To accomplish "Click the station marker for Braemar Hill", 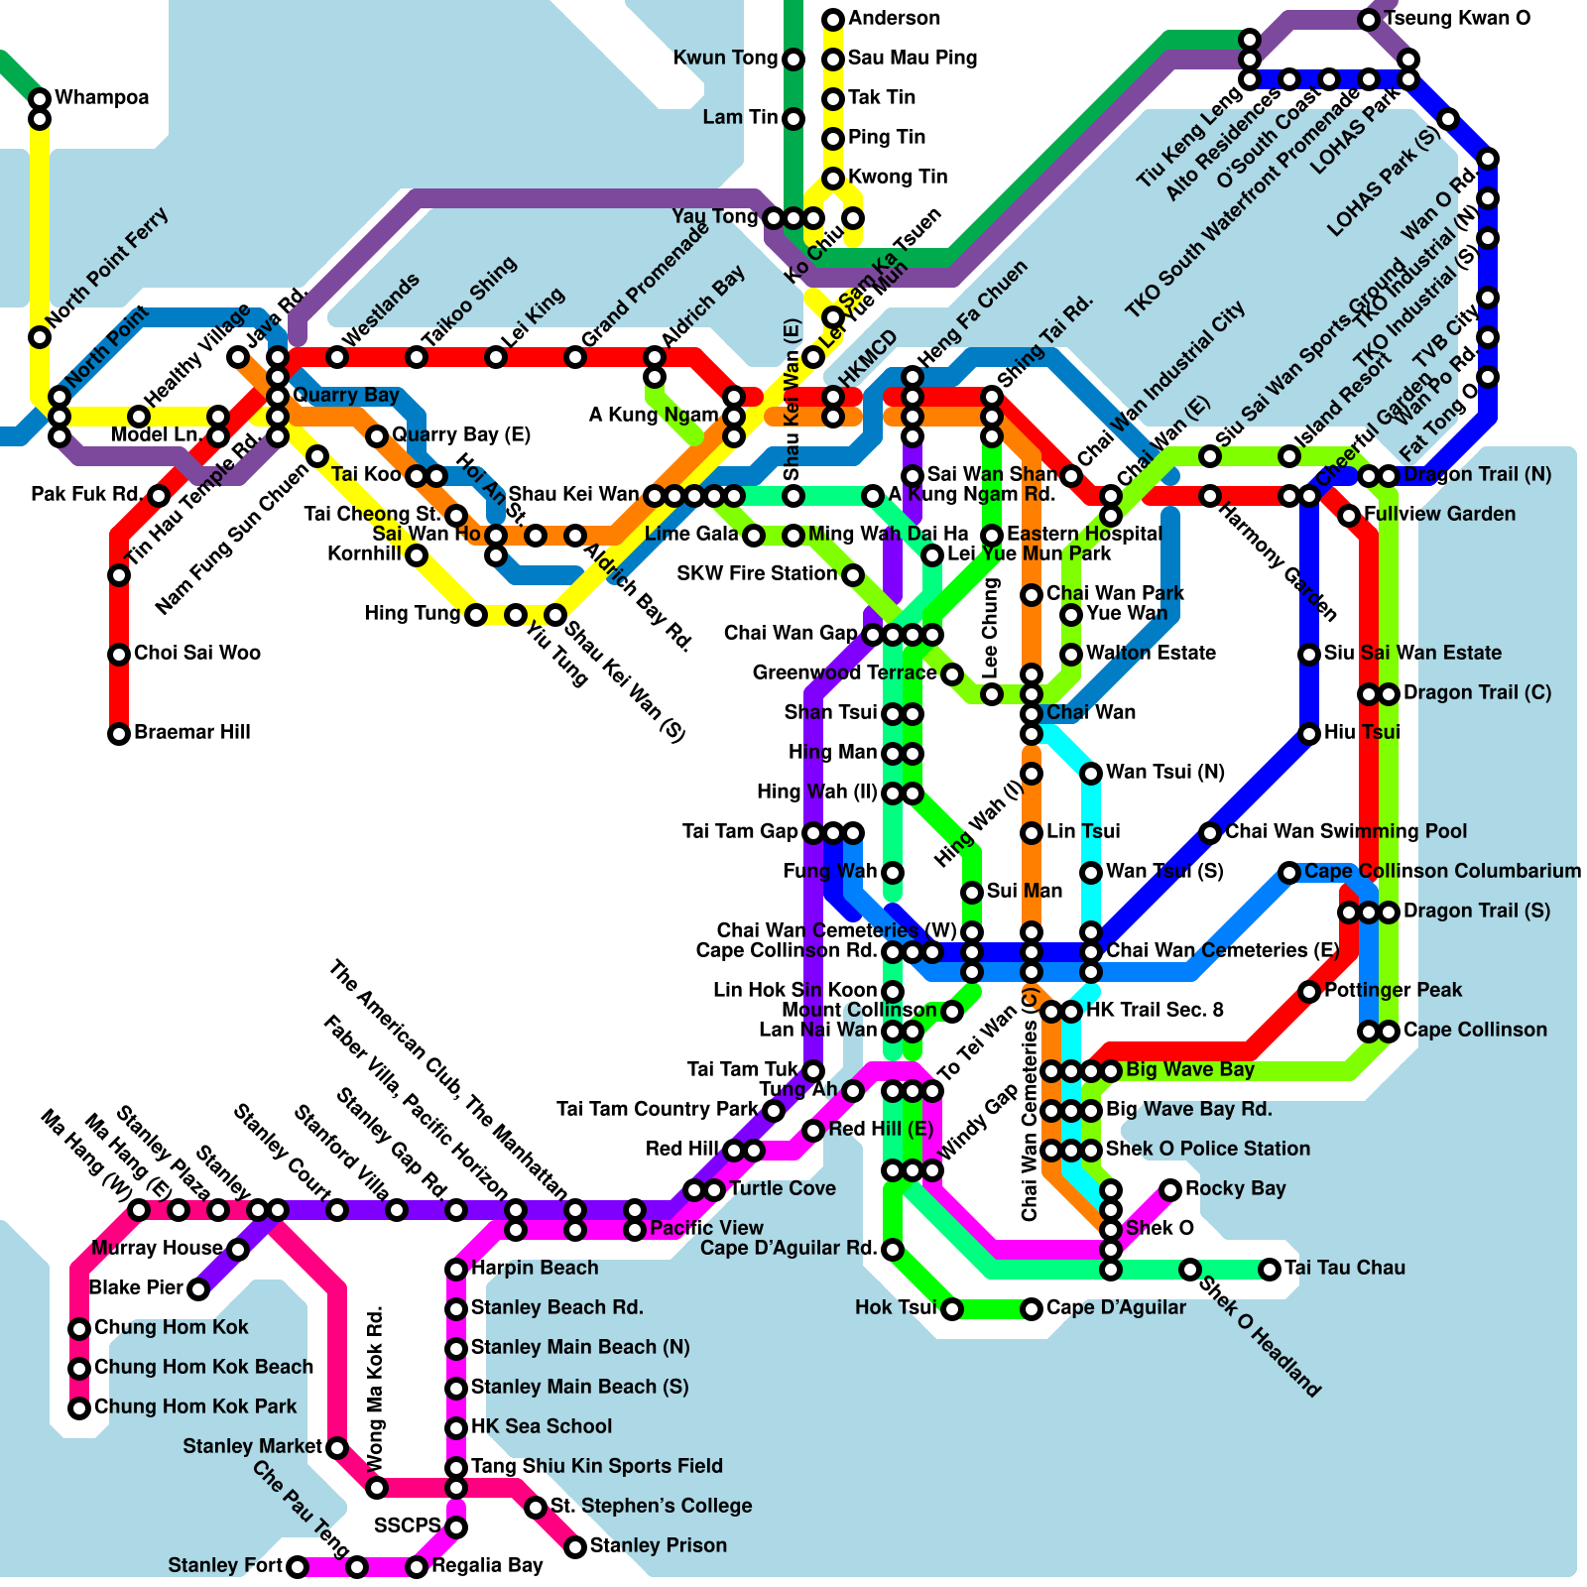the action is point(119,734).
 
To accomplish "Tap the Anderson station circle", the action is point(833,19).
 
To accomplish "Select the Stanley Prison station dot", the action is point(575,1546).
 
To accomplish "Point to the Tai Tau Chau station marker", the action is point(1270,1269).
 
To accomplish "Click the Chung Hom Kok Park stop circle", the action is point(79,1407).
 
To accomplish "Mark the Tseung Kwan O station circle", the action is point(1369,19).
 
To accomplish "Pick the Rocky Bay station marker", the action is point(1170,1189).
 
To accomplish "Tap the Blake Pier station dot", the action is point(198,1289).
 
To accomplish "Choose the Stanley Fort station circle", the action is point(298,1567).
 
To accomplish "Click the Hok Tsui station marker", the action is point(952,1309).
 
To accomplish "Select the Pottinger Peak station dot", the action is point(1309,991).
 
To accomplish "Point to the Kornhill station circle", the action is point(417,554).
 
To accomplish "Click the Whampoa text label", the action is point(102,97).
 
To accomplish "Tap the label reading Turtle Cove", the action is point(783,1188).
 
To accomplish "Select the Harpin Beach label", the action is point(535,1268).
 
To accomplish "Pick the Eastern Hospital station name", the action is point(1084,534).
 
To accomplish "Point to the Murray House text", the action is point(157,1248).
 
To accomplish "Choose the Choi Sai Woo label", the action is point(197,653).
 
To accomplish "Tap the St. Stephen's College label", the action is point(651,1506).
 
